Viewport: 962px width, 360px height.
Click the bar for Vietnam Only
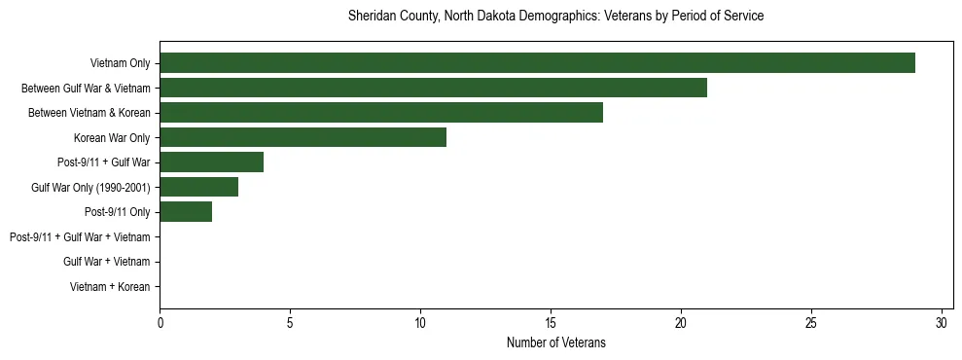tap(537, 63)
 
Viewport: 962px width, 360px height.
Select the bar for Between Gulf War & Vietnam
tap(433, 88)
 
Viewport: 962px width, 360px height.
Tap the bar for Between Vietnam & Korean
tap(381, 113)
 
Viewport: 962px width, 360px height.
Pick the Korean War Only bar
tap(303, 137)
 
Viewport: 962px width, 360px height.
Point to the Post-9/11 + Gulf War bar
tap(211, 162)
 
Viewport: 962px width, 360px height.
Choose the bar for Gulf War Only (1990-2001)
tap(198, 187)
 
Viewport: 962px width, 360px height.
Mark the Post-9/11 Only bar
tap(186, 212)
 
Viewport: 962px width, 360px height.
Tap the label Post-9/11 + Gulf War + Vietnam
tap(80, 237)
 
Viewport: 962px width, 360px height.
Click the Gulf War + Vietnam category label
tap(106, 262)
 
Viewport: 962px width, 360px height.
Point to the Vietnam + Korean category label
tap(110, 287)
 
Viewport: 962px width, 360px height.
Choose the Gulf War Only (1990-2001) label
tap(90, 188)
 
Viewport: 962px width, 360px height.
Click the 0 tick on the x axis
tap(160, 323)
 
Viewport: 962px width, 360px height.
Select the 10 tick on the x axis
tap(420, 323)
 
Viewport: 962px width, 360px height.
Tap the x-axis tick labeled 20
tap(681, 323)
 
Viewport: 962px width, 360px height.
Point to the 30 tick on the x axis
tap(942, 323)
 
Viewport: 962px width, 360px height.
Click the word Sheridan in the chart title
tap(371, 17)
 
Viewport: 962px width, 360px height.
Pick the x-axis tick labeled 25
tap(811, 323)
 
